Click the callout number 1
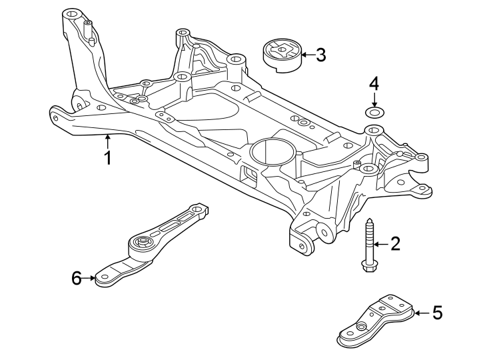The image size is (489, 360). coord(107,158)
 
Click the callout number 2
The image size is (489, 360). coord(395,245)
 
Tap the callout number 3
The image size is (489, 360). coord(320,55)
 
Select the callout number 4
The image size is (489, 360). coord(374,84)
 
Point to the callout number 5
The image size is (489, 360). coord(437,312)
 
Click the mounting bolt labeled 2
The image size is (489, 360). coord(369,243)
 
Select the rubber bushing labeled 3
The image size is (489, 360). coord(281,53)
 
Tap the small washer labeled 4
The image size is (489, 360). coord(374,112)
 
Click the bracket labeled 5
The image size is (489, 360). coord(376,321)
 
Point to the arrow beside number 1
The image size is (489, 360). coord(107,141)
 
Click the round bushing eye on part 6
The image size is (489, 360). coord(141,241)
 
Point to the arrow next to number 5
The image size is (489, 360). coord(421,312)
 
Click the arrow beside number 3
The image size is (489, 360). coord(307,55)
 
